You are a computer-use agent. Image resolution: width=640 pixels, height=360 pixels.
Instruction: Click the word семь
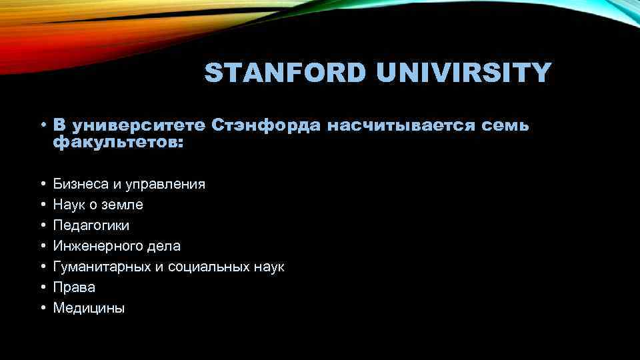509,125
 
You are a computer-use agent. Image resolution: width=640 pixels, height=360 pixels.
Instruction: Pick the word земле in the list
124,205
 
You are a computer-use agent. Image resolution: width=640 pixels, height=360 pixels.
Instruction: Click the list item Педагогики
91,225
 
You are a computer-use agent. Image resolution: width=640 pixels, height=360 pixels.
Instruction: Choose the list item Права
74,287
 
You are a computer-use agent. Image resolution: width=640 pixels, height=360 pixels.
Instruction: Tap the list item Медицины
89,308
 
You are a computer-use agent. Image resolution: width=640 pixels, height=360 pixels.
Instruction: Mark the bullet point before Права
42,287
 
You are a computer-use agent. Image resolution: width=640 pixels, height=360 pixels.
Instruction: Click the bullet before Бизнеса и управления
42,183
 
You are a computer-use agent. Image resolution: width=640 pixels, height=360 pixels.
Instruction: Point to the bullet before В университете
42,125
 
